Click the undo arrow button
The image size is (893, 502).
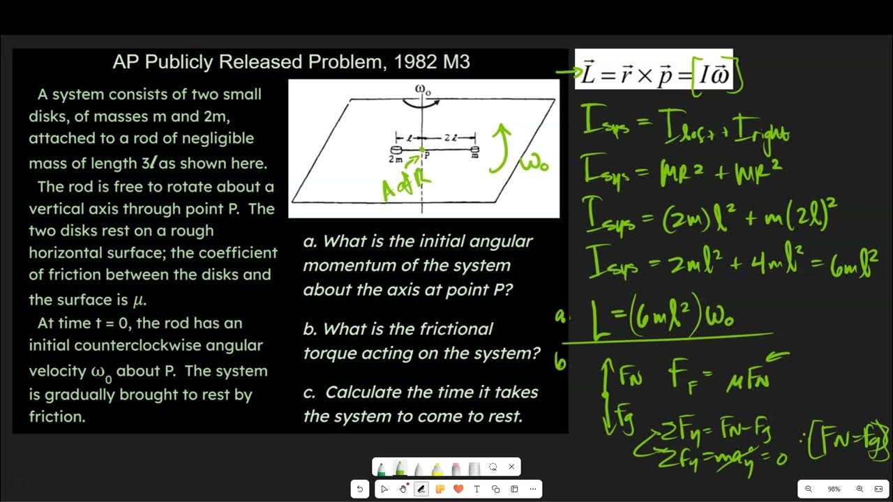coord(360,489)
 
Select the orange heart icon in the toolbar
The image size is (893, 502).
coord(458,489)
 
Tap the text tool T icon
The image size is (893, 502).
coord(477,489)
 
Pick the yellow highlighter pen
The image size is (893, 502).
coord(437,468)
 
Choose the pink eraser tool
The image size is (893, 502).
coord(456,468)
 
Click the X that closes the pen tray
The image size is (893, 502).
coord(511,467)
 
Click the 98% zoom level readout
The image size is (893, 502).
coord(834,489)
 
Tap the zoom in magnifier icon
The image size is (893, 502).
coord(860,489)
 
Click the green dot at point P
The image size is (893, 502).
coord(422,149)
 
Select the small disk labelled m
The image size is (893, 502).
coord(476,149)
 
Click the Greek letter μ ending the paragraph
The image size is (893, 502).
coord(140,301)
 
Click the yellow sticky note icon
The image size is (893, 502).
coord(440,489)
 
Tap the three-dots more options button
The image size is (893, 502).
coord(532,489)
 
